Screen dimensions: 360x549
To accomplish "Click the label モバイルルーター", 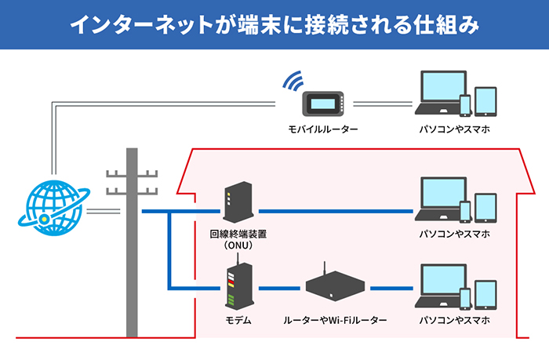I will [323, 129].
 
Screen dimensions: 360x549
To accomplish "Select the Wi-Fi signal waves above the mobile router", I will [293, 81].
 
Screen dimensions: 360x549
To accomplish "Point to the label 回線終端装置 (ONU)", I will [232, 239].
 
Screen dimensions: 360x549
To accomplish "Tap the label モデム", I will [233, 321].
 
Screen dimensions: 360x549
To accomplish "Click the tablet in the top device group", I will [486, 101].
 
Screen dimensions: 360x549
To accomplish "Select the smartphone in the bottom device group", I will [465, 298].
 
